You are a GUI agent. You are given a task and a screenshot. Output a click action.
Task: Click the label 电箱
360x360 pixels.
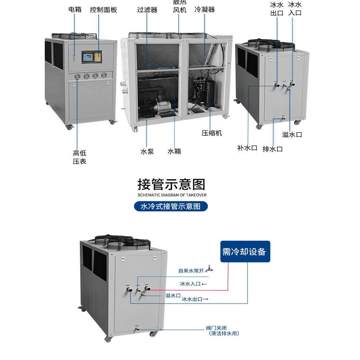(75, 10)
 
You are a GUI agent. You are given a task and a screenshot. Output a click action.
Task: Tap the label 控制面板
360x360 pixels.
(104, 10)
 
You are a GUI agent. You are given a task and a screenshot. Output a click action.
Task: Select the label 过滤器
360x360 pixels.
(147, 10)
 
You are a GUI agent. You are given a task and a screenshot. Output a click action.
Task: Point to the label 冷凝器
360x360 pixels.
(204, 10)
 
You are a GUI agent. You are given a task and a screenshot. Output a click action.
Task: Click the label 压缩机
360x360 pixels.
(212, 133)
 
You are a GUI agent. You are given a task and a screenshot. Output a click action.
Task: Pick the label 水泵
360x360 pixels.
(147, 151)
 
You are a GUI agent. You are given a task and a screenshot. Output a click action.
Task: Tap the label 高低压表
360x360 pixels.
(79, 157)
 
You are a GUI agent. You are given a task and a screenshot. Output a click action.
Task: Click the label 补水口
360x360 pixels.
(247, 148)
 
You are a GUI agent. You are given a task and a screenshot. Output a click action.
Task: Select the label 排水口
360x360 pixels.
(272, 149)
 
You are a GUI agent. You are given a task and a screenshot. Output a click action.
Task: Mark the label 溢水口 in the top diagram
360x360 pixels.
(292, 134)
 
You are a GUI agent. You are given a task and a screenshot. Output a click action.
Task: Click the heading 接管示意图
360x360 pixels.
(171, 184)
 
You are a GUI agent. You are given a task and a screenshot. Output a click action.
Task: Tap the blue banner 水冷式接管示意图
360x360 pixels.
(171, 206)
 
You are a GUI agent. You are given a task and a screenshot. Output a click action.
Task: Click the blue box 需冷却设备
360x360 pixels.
(245, 252)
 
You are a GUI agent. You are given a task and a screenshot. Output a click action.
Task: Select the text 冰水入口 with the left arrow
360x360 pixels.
(193, 284)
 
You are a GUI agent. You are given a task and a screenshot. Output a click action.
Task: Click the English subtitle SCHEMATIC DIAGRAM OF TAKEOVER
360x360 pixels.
(172, 195)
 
